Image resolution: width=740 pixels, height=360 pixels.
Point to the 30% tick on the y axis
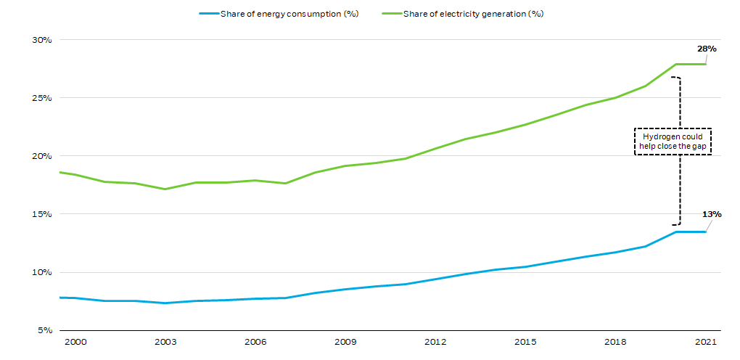click(41, 40)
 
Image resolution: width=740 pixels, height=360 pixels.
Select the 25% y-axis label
click(41, 98)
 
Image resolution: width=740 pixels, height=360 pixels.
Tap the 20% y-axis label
click(41, 156)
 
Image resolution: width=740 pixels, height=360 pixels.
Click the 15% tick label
click(41, 214)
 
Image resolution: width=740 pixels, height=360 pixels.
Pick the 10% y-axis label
click(41, 272)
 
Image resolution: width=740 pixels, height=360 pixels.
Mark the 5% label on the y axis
click(44, 330)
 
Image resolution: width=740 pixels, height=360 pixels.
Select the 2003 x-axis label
click(165, 341)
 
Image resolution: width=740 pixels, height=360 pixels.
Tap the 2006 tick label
click(255, 341)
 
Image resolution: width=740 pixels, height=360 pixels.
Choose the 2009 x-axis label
click(345, 341)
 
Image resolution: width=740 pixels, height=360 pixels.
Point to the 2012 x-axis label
click(435, 341)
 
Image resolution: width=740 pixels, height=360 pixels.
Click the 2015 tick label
click(525, 341)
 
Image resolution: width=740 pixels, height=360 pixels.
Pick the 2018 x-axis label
click(615, 341)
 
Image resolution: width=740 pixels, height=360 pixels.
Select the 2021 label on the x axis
click(705, 341)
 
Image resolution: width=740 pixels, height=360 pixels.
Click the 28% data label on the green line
click(707, 49)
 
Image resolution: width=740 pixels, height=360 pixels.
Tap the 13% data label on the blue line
click(712, 214)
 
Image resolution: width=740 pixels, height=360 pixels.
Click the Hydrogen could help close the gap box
click(673, 142)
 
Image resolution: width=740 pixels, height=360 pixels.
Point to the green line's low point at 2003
click(165, 189)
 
